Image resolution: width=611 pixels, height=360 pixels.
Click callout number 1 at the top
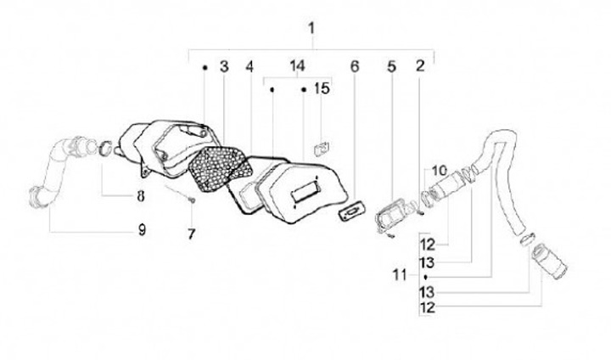[311, 29]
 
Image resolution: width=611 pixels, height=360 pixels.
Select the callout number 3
[224, 66]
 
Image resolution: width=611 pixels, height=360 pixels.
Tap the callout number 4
[249, 66]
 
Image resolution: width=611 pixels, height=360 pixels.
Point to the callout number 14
[295, 66]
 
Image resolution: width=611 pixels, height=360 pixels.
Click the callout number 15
[321, 88]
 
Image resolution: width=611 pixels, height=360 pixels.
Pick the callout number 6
[355, 66]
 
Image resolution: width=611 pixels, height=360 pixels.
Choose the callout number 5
[391, 66]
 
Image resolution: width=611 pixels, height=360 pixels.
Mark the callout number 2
[420, 66]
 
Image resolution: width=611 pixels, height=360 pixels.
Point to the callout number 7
[192, 232]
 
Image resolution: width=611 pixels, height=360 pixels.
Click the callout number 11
[402, 276]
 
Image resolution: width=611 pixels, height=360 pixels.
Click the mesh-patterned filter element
[212, 167]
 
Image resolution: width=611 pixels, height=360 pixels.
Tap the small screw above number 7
[193, 200]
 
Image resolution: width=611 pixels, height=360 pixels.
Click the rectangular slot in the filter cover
[304, 191]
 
